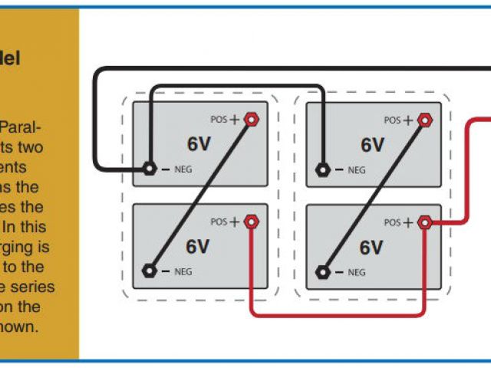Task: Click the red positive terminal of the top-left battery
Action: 252,120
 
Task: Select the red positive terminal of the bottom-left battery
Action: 252,222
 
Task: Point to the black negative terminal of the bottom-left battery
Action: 150,271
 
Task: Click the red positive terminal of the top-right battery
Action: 425,120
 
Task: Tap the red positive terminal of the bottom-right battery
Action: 425,222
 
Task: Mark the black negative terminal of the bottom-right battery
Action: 323,271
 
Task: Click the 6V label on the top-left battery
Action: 198,144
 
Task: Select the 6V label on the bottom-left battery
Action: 198,247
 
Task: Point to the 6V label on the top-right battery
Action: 372,144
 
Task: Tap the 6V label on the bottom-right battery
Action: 372,247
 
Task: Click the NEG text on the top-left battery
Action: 183,169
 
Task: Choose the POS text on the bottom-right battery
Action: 393,223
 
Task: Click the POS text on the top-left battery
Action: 219,120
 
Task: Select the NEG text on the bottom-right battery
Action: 357,271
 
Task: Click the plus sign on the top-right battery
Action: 408,120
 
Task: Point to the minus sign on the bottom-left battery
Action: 166,271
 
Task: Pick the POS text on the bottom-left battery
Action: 219,223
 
